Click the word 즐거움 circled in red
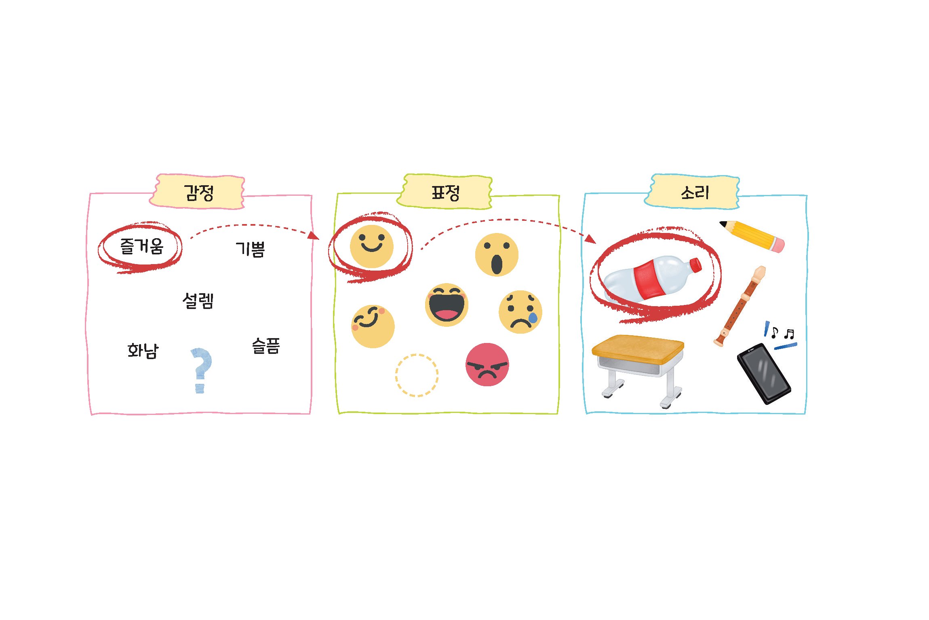(x=142, y=246)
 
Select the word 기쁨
(x=250, y=249)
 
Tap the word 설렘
(x=198, y=300)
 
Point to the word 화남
(x=143, y=350)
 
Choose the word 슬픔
(x=266, y=346)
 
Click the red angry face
(x=487, y=365)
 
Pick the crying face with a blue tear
(x=520, y=312)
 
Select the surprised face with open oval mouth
(x=497, y=255)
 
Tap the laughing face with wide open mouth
(x=447, y=305)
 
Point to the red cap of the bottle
(x=696, y=265)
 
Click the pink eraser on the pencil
(x=778, y=245)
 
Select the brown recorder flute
(x=739, y=306)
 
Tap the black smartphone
(x=764, y=373)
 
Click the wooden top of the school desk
(x=638, y=349)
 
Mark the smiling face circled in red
(x=372, y=247)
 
